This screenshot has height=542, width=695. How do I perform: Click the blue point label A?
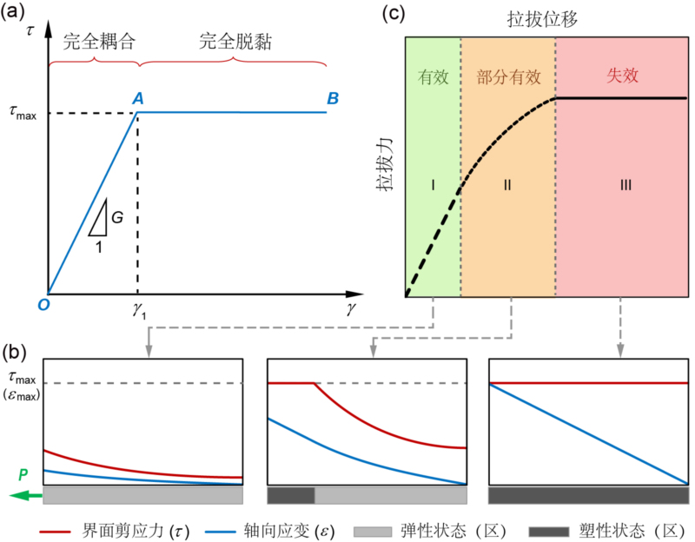pyautogui.click(x=137, y=99)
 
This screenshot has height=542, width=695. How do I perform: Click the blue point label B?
pyautogui.click(x=332, y=99)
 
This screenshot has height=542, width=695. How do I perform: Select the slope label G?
pyautogui.click(x=116, y=216)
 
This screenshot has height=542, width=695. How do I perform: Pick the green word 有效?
pyautogui.click(x=432, y=76)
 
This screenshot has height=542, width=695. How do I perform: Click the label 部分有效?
pyautogui.click(x=508, y=76)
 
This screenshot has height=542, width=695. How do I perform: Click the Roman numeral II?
pyautogui.click(x=507, y=184)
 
